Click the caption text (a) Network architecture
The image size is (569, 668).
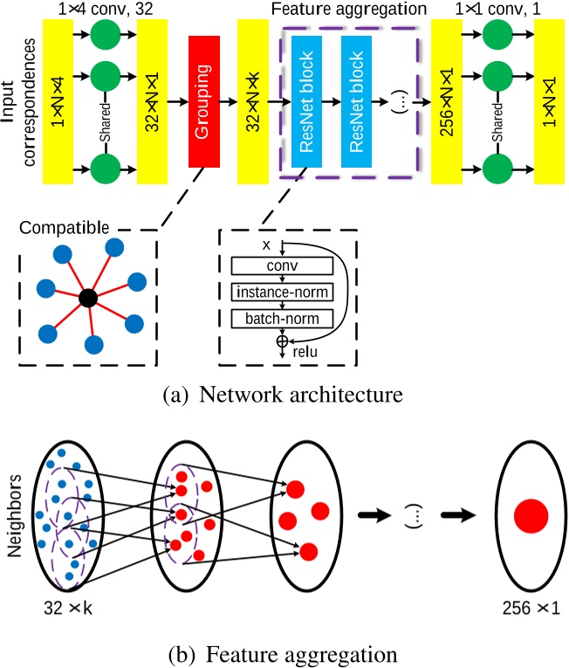[x=283, y=395]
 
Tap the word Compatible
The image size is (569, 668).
[x=65, y=228]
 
